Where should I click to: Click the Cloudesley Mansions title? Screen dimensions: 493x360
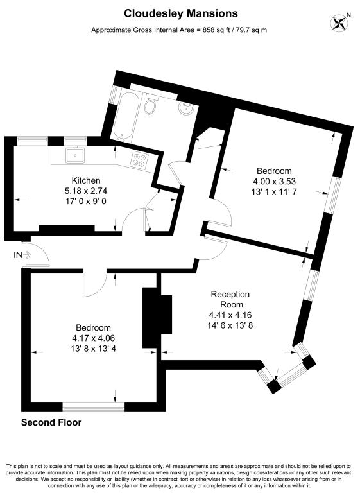[180, 13]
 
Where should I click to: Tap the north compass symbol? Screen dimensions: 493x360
[339, 23]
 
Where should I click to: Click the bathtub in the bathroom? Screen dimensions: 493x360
[123, 116]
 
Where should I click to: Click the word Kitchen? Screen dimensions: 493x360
[85, 180]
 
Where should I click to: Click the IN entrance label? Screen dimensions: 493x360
[17, 255]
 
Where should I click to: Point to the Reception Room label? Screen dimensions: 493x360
[230, 299]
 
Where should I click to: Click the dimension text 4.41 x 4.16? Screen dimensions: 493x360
[230, 315]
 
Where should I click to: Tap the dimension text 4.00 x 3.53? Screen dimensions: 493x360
[274, 182]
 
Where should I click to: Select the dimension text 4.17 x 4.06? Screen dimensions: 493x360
[93, 338]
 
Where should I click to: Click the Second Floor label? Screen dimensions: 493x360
[51, 422]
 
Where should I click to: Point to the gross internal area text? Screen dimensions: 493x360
[180, 30]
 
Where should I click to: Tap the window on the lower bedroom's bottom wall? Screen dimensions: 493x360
[94, 406]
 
